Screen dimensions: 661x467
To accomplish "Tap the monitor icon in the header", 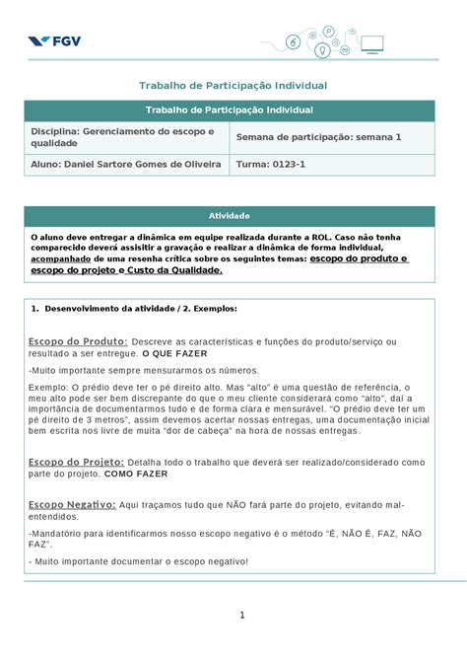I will point(371,43).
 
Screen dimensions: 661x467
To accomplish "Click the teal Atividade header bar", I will point(229,215).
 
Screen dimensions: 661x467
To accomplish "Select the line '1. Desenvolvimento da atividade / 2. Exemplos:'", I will point(139,309).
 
